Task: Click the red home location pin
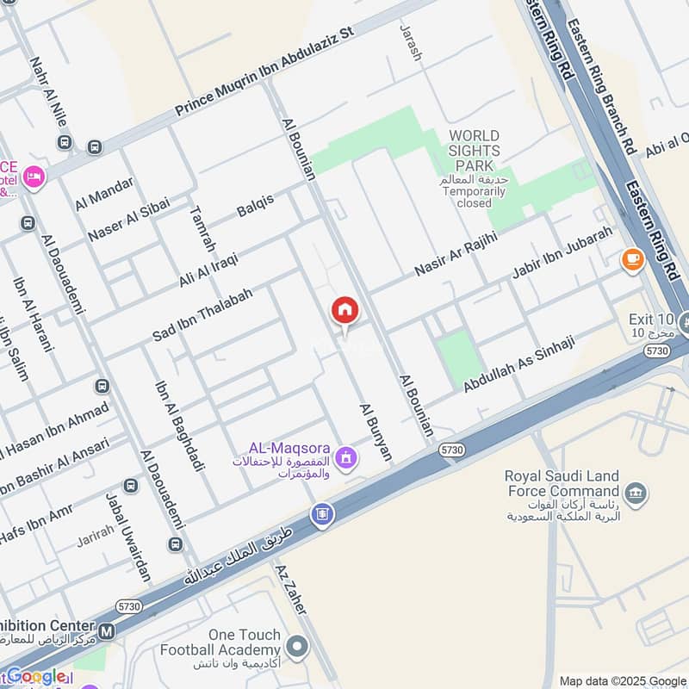[344, 311]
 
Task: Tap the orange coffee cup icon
[632, 258]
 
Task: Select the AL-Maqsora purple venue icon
[345, 457]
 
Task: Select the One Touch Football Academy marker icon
[297, 645]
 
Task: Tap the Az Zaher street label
[290, 590]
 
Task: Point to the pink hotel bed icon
[34, 177]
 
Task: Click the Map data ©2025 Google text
[623, 680]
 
